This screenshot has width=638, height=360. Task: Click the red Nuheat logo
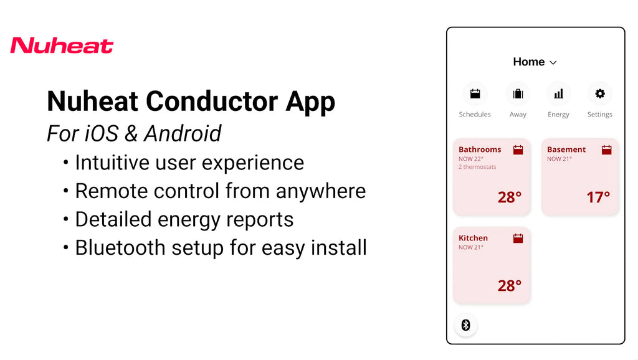pyautogui.click(x=62, y=45)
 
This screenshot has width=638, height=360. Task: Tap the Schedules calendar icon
pyautogui.click(x=475, y=94)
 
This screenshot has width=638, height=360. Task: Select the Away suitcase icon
pyautogui.click(x=518, y=94)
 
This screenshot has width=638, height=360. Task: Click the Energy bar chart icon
pyautogui.click(x=559, y=94)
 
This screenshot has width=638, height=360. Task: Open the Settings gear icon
pyautogui.click(x=600, y=93)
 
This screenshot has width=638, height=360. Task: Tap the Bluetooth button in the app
pyautogui.click(x=466, y=325)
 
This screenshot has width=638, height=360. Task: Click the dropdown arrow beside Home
pyautogui.click(x=553, y=63)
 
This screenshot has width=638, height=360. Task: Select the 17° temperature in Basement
pyautogui.click(x=598, y=197)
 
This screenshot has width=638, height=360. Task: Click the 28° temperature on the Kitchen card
pyautogui.click(x=510, y=285)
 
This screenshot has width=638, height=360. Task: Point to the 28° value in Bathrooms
pyautogui.click(x=510, y=197)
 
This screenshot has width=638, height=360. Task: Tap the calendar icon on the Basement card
pyautogui.click(x=606, y=149)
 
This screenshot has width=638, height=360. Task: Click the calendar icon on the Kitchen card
pyautogui.click(x=518, y=239)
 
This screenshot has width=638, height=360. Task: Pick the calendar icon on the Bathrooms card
pyautogui.click(x=518, y=149)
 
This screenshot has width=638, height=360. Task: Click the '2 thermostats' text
pyautogui.click(x=477, y=167)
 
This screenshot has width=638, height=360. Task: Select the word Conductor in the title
pyautogui.click(x=212, y=101)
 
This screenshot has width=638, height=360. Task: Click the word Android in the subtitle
pyautogui.click(x=183, y=133)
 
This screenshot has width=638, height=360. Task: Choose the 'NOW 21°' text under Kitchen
pyautogui.click(x=471, y=247)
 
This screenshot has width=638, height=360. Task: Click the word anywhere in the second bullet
pyautogui.click(x=321, y=191)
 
